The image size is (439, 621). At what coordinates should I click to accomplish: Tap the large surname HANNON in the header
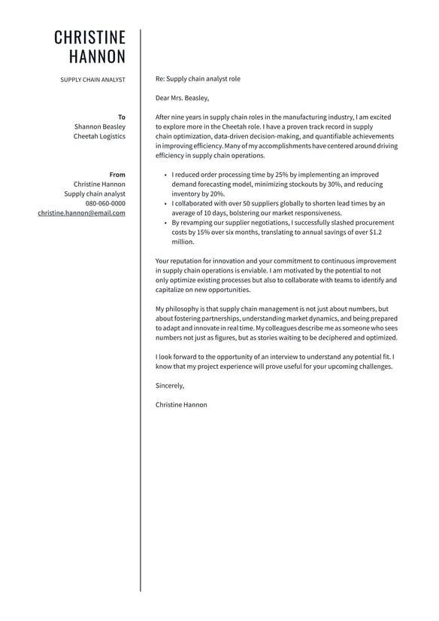(97, 57)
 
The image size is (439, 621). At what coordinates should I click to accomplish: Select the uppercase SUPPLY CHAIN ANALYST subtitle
(92, 79)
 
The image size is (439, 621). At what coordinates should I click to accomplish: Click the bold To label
(122, 117)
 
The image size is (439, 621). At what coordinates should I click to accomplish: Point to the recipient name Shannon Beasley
(100, 127)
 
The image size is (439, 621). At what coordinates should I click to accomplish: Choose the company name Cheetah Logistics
(99, 137)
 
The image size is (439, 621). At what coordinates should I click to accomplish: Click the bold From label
(117, 175)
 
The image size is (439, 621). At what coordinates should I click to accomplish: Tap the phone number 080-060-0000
(105, 203)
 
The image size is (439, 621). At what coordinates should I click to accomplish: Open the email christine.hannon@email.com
(82, 213)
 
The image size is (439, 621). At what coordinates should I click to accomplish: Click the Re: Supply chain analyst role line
(198, 78)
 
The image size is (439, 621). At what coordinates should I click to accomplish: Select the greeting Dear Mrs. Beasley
(182, 98)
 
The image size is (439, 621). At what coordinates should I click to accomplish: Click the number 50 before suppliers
(246, 203)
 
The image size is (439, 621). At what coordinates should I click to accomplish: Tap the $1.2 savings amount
(375, 233)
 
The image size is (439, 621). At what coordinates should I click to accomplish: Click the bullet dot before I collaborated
(165, 203)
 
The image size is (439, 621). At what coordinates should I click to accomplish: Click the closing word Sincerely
(170, 385)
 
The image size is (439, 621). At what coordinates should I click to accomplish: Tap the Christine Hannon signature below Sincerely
(181, 404)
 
